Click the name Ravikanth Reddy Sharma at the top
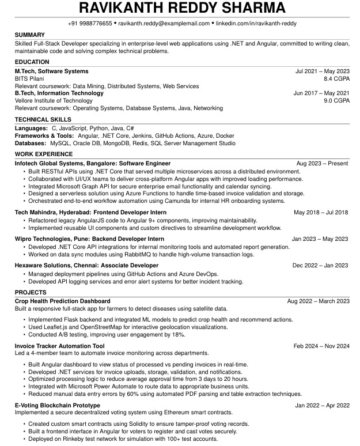[x=182, y=7]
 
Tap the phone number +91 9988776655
[x=89, y=23]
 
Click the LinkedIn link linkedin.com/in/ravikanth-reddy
[x=256, y=23]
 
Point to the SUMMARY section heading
[x=29, y=35]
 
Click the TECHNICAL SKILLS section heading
[x=43, y=119]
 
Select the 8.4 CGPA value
[x=336, y=78]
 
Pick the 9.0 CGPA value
[x=336, y=100]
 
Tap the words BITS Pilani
[x=29, y=78]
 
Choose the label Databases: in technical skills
[x=31, y=143]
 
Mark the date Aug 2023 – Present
[x=322, y=164]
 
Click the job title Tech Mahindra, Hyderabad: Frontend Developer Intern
[x=84, y=212]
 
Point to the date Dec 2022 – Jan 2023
[x=320, y=265]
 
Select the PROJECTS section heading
[x=31, y=293]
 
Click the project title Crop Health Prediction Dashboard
[x=62, y=301]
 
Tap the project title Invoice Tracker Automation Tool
[x=59, y=346]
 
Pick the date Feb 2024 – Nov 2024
[x=321, y=346]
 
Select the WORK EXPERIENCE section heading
[x=44, y=154]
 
